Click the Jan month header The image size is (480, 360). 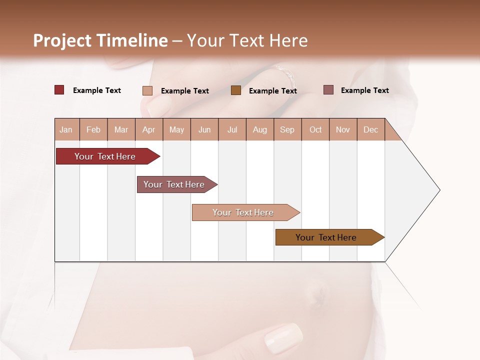pos(66,129)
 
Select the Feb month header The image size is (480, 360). pos(93,129)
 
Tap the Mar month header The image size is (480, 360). pos(121,129)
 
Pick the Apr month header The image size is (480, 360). pos(149,129)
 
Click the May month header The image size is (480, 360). pos(176,129)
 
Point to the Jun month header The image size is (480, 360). pos(204,129)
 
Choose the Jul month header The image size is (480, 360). pos(232,129)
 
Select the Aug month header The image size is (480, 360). pos(260,129)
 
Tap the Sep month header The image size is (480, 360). pos(287,129)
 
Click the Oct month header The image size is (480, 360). pos(315,129)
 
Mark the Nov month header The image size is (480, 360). pos(343,129)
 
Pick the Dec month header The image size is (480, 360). pos(371,129)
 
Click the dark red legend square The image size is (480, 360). pos(59,90)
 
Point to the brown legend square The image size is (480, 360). pos(236,90)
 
